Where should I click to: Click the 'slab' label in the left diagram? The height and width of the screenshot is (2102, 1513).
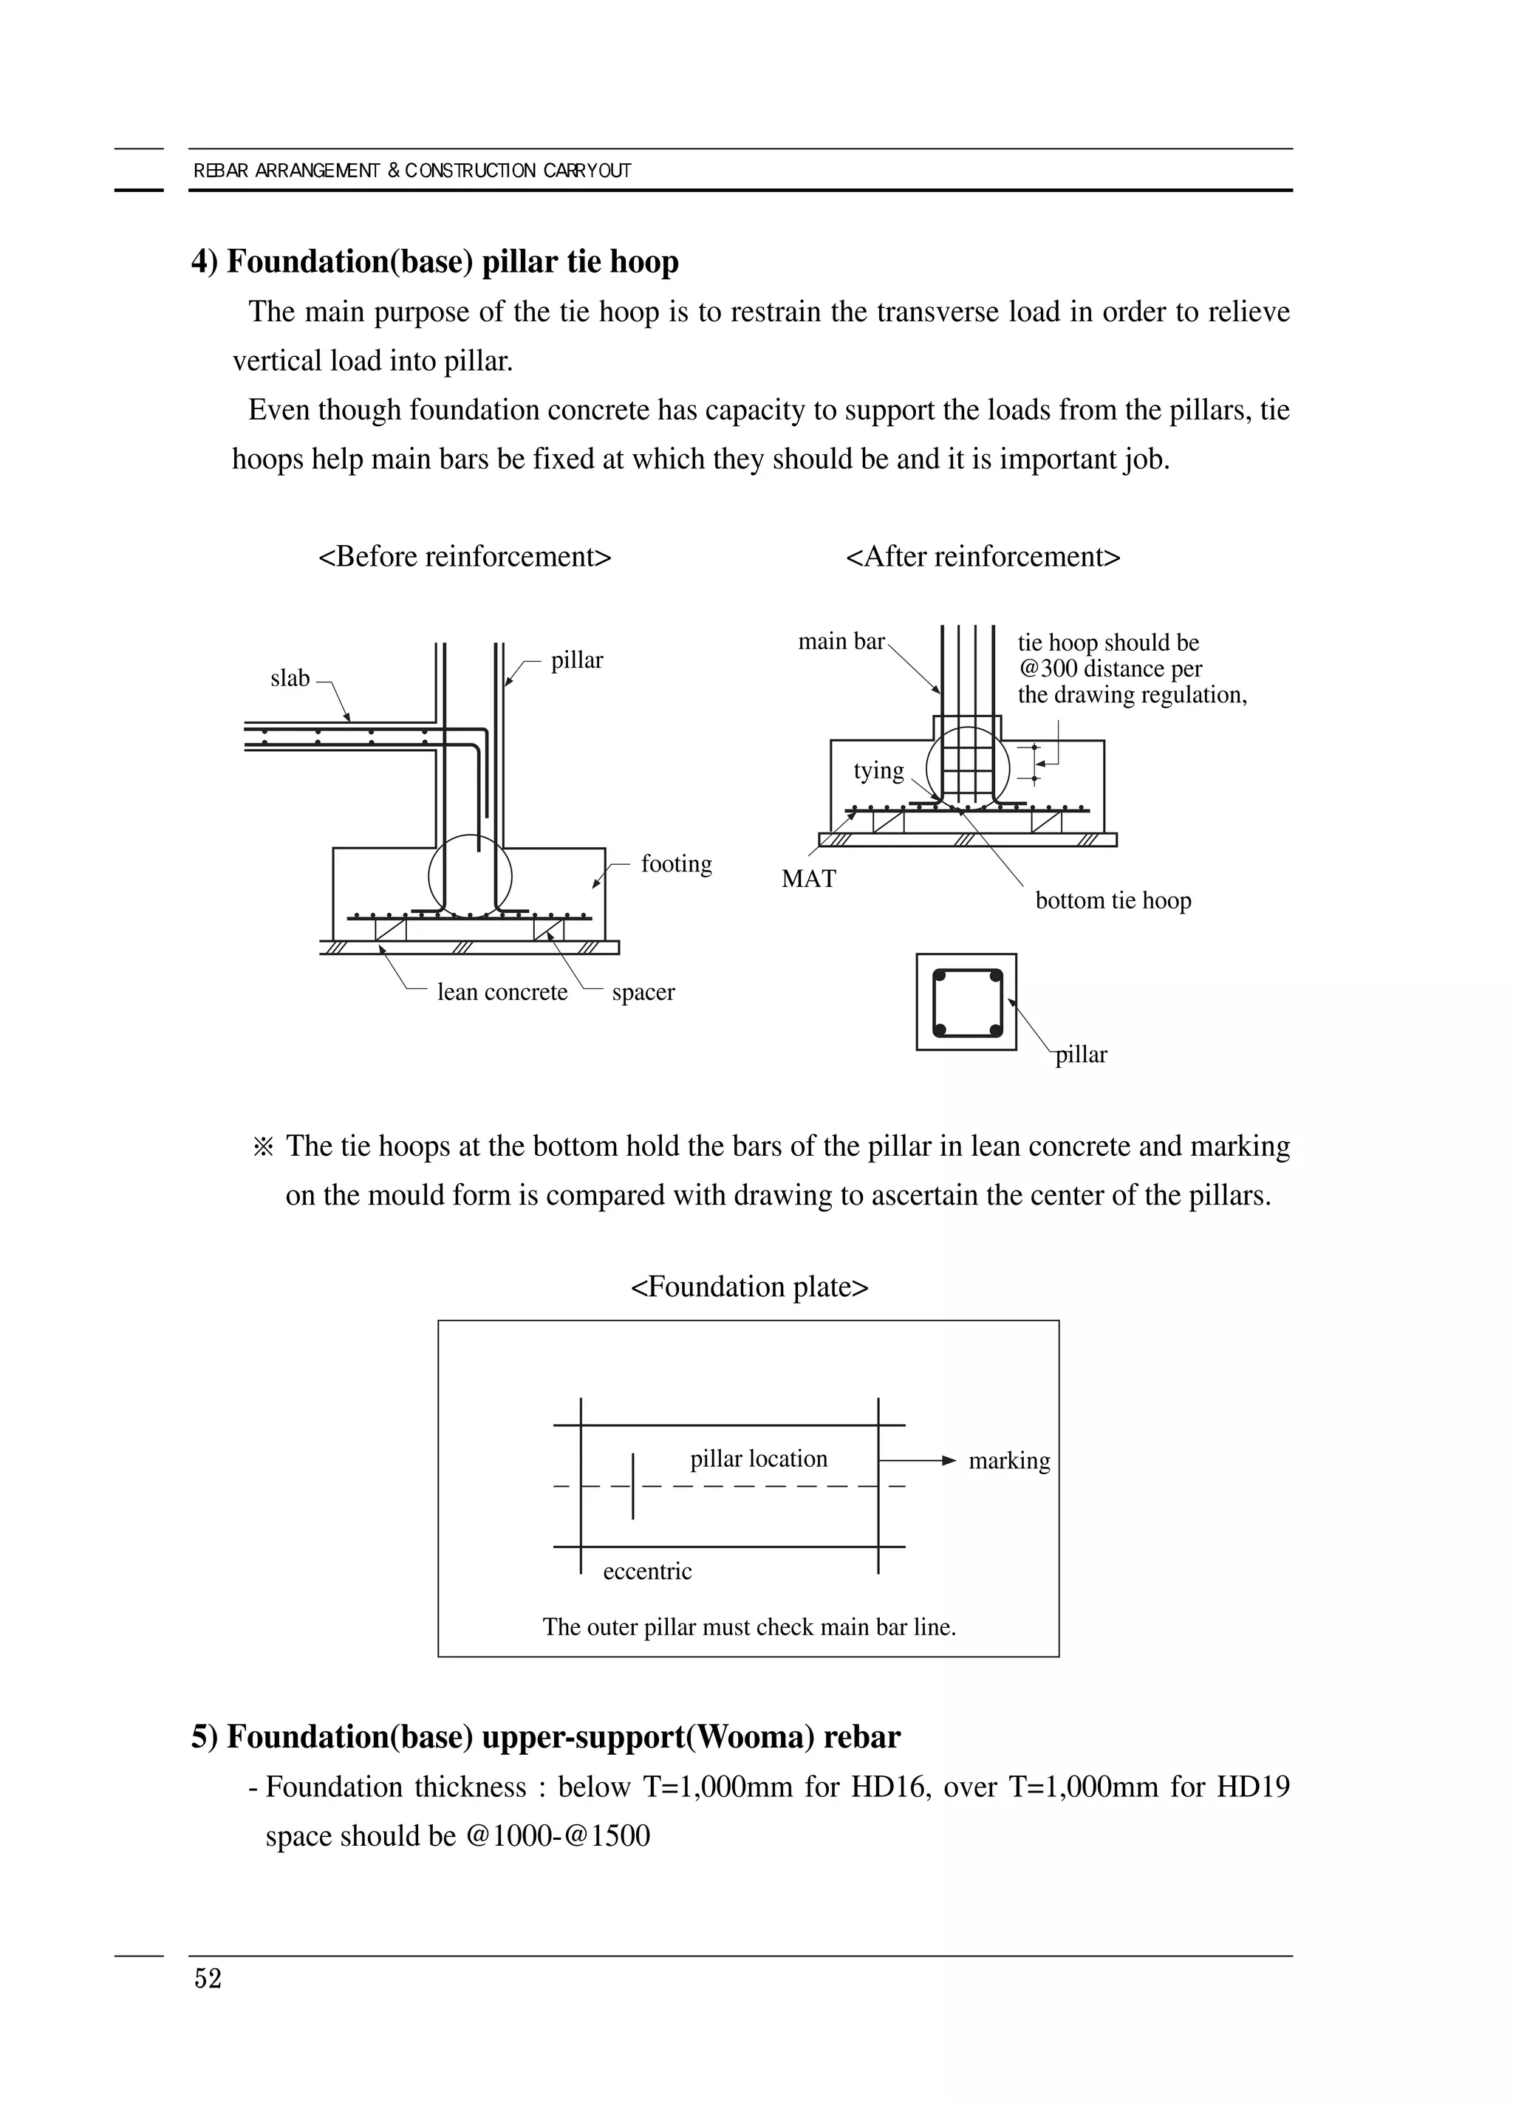point(290,679)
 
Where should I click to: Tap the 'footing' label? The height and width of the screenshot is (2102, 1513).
point(676,864)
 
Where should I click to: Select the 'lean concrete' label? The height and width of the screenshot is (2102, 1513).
point(502,992)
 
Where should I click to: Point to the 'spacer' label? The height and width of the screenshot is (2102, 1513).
point(643,992)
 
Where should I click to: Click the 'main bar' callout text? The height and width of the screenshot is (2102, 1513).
point(841,641)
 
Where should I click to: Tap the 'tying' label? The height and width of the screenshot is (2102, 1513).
point(878,770)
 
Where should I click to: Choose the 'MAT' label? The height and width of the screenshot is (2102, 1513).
point(808,879)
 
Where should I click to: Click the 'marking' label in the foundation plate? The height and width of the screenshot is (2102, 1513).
point(1008,1461)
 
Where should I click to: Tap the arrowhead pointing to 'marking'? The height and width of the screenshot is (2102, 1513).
point(949,1461)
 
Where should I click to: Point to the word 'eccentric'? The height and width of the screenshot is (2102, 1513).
point(647,1571)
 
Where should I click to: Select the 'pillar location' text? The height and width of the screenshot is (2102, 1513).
point(759,1459)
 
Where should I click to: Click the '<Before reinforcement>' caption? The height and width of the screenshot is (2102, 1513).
point(465,556)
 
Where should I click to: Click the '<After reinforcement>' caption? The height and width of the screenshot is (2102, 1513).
point(983,556)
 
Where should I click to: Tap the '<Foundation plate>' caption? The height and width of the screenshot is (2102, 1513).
point(749,1287)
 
